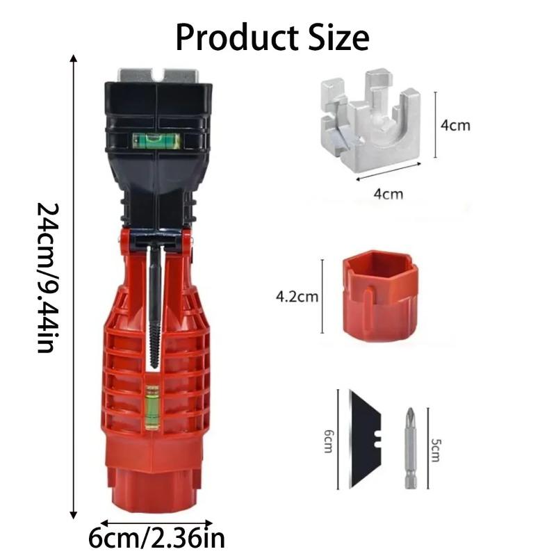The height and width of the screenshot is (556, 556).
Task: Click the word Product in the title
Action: click(237, 38)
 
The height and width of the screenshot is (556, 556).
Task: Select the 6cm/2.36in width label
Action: click(156, 538)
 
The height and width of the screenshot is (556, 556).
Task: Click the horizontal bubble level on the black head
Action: click(156, 140)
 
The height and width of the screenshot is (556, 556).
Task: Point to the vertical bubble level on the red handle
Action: click(152, 407)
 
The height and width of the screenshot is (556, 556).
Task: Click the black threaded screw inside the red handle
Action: click(154, 305)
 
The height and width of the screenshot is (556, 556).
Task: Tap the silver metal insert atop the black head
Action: click(158, 75)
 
